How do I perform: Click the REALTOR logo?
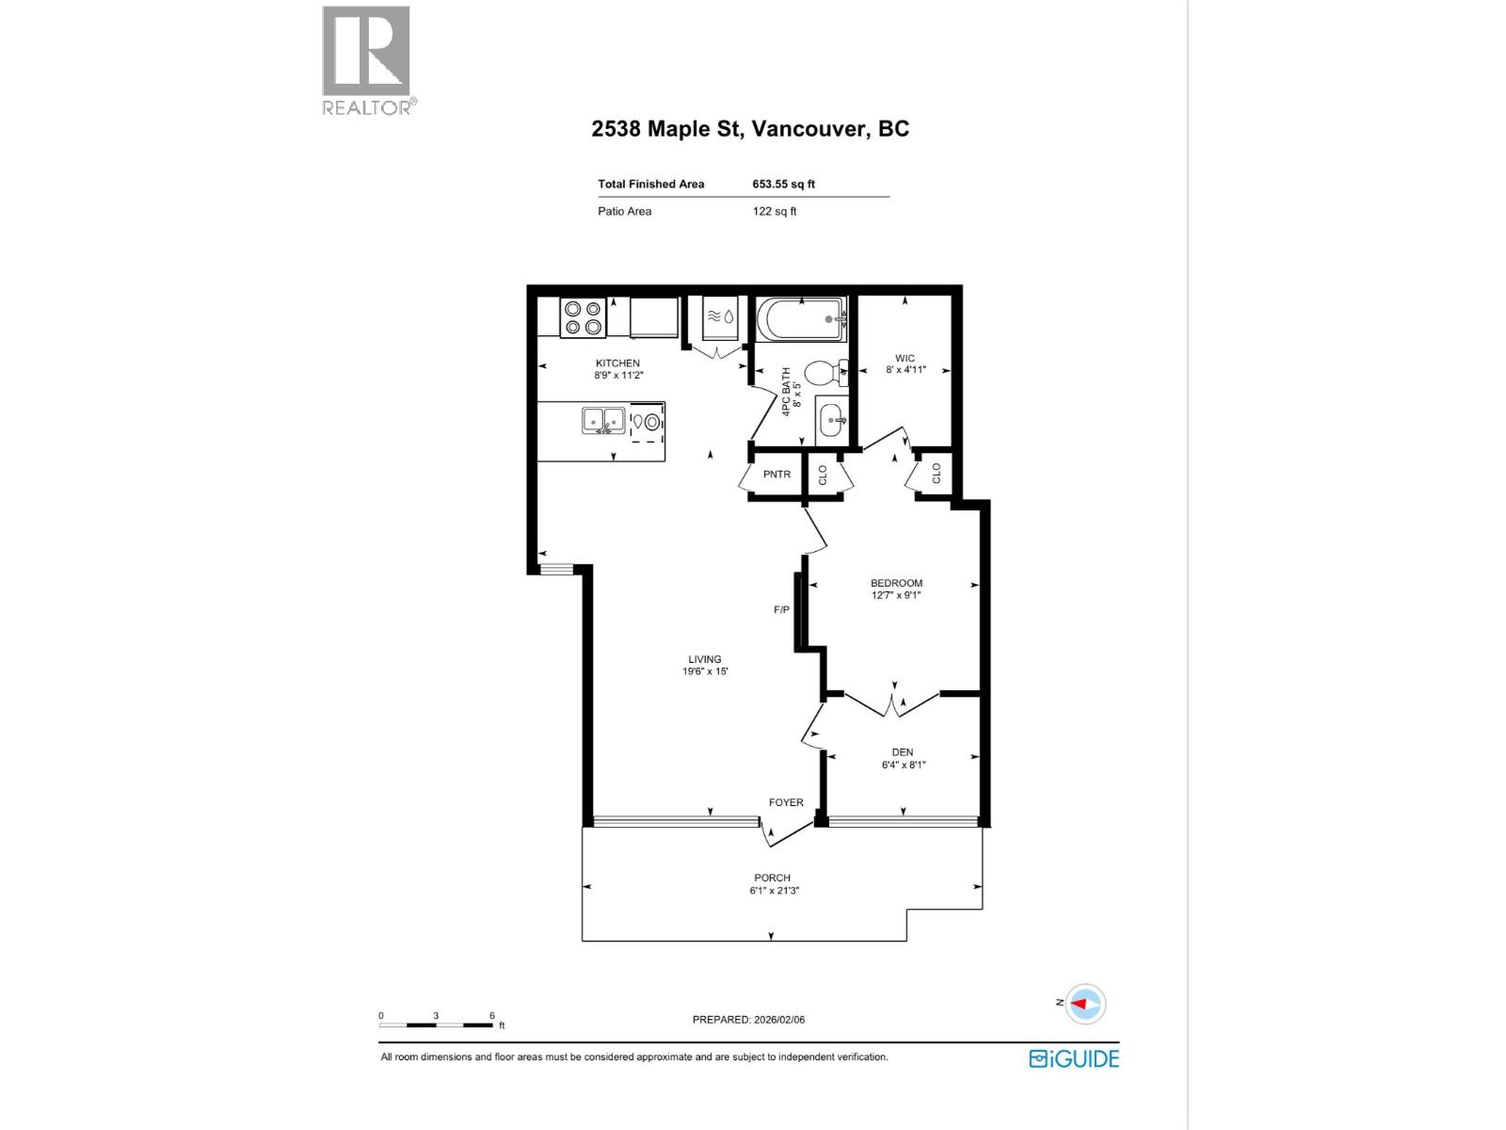click(x=367, y=59)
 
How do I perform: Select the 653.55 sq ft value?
click(x=783, y=185)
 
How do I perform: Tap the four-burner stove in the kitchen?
click(x=582, y=317)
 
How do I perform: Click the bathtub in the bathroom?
click(x=801, y=319)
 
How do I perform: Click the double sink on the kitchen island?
click(x=603, y=420)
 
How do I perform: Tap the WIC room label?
click(x=905, y=358)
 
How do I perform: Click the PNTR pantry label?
click(x=777, y=475)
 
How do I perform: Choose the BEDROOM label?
click(x=896, y=583)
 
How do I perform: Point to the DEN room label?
click(x=902, y=752)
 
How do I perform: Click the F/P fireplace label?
click(x=781, y=610)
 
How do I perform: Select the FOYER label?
click(x=786, y=802)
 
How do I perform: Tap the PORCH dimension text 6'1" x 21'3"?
click(x=774, y=890)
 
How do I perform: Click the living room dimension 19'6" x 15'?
click(x=705, y=671)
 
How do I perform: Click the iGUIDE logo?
click(x=1074, y=1058)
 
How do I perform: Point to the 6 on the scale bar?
click(x=491, y=1015)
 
